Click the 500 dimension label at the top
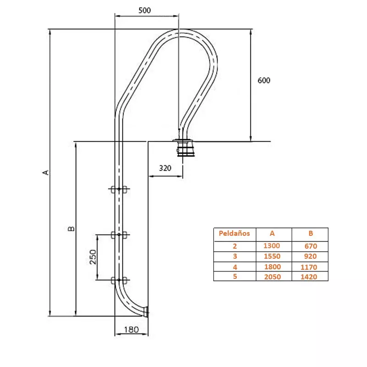[145, 11]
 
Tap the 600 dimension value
[264, 81]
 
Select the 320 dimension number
[165, 168]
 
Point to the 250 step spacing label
[93, 257]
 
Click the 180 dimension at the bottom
[131, 330]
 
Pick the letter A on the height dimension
[46, 172]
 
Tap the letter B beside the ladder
[71, 228]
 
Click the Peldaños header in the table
[234, 234]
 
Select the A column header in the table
[272, 234]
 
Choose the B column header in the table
[311, 234]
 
